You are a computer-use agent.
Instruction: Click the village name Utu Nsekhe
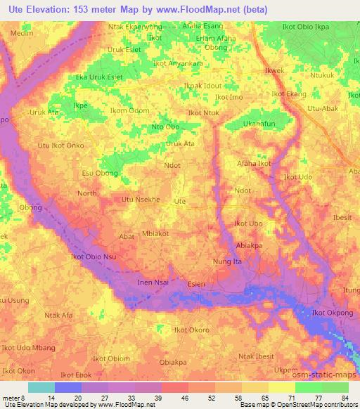(141, 200)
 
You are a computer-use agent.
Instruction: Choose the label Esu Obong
(100, 173)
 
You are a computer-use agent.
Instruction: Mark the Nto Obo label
(166, 127)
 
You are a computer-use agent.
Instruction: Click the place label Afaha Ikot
(254, 164)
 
